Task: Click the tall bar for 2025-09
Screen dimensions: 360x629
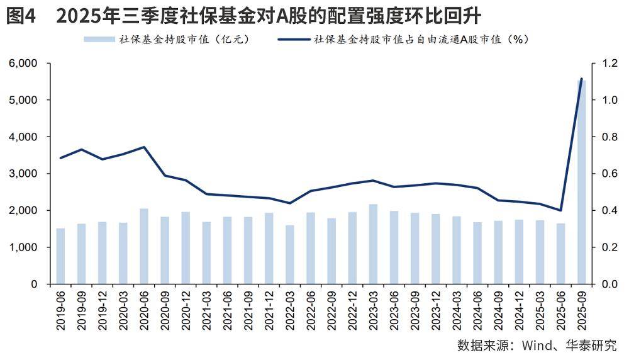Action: pos(581,182)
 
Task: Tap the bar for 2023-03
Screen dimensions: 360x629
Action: pos(373,244)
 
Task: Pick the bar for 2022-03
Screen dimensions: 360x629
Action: pos(290,254)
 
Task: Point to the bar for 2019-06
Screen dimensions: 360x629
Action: pos(60,256)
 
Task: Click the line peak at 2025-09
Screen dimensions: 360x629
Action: pos(581,79)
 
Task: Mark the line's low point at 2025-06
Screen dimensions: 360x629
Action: pos(560,210)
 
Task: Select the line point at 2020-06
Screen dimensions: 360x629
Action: pos(144,147)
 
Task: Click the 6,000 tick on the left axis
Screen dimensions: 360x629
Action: pos(23,64)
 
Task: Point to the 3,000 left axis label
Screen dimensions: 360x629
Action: pos(23,174)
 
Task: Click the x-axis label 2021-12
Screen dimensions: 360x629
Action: pos(269,309)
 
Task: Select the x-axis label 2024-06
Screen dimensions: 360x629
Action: pos(477,309)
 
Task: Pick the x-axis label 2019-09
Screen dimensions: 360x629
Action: pos(82,309)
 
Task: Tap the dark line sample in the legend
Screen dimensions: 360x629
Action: pos(293,40)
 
